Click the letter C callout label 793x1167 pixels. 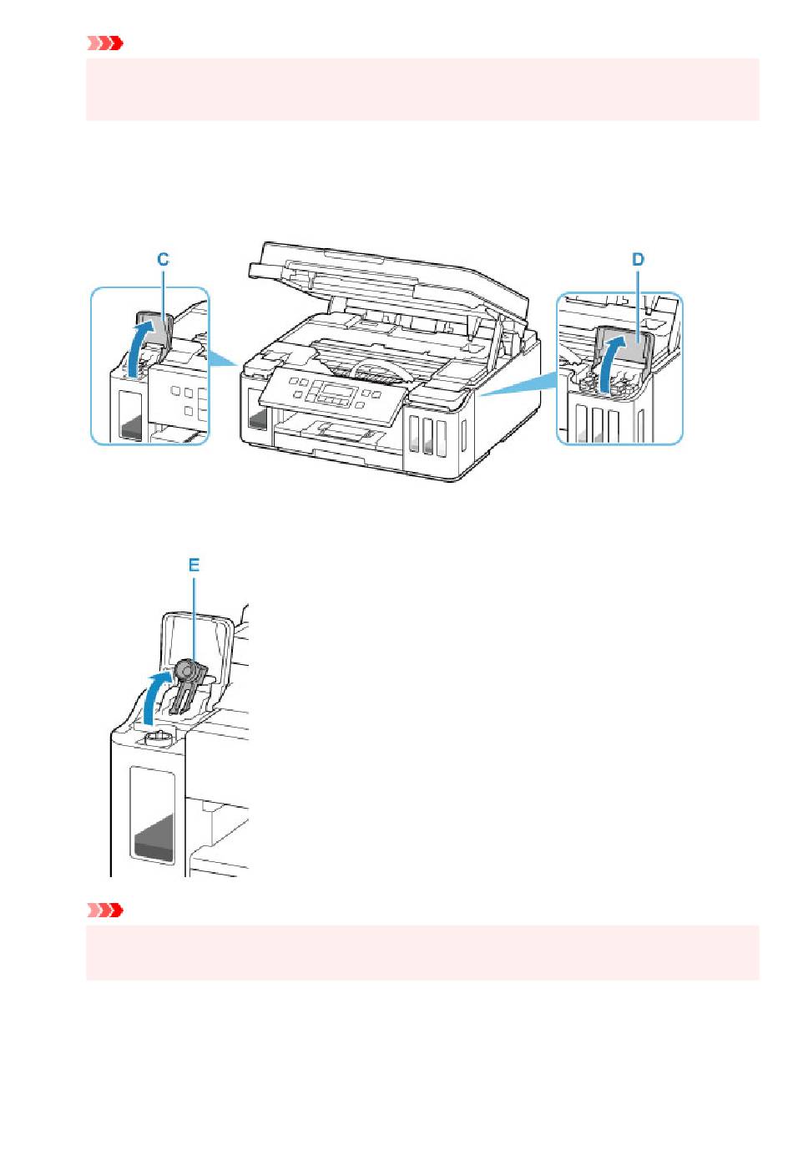[x=164, y=260]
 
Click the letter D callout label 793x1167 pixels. [x=638, y=260]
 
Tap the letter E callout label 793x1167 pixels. [x=194, y=566]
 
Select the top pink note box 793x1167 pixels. [x=422, y=89]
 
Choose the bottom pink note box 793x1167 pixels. [x=422, y=952]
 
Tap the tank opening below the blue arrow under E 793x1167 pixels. [x=155, y=738]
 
